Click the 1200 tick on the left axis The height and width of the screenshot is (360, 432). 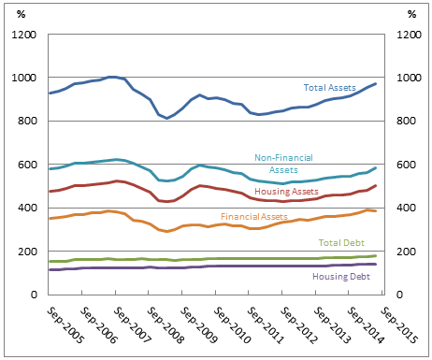coord(22,36)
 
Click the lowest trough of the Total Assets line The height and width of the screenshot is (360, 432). coord(167,118)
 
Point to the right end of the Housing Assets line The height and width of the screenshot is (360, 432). coord(376,185)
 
